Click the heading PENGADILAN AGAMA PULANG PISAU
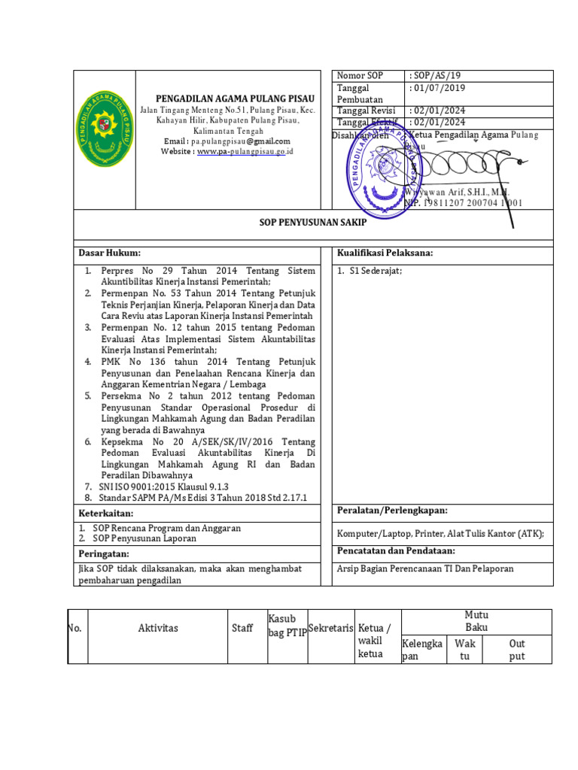235,99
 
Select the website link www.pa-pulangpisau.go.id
245,151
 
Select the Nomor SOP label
360,76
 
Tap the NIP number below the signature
464,203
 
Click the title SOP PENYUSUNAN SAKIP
313,223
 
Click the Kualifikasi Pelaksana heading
385,253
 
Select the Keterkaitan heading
106,513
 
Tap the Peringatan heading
105,553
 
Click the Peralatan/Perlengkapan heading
392,511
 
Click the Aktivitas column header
158,628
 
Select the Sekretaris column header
331,627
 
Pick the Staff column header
242,628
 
